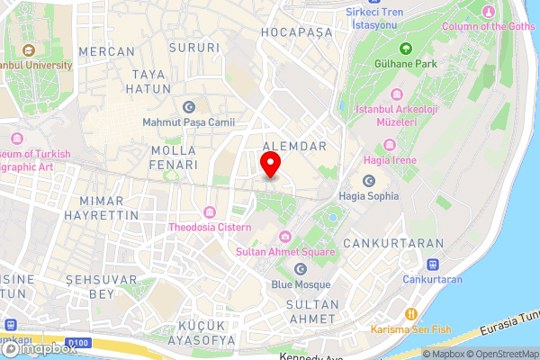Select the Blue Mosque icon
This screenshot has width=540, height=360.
click(x=301, y=269)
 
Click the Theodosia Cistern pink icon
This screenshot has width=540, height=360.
click(x=209, y=212)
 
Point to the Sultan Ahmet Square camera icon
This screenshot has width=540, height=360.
click(x=285, y=237)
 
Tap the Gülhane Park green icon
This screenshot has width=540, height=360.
click(x=405, y=48)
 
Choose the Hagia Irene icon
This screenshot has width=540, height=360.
click(x=389, y=145)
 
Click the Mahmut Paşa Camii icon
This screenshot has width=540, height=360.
click(x=188, y=106)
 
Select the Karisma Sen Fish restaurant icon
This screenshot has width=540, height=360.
click(x=411, y=314)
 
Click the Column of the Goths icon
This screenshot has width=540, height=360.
click(x=488, y=12)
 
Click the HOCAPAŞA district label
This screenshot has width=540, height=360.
click(x=295, y=32)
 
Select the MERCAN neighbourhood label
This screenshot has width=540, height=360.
click(x=106, y=52)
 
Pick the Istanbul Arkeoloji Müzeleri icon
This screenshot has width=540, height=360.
click(x=397, y=94)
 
